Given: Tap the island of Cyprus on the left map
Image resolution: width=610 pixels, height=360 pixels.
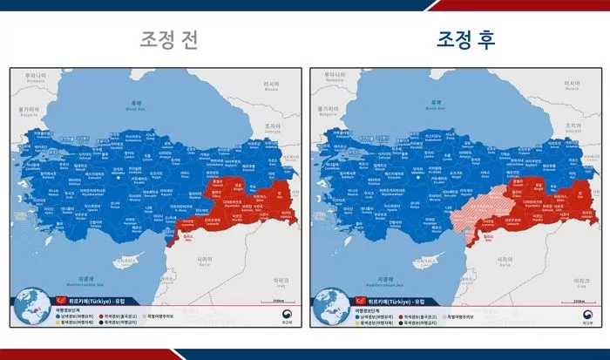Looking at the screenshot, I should (x=131, y=259).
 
